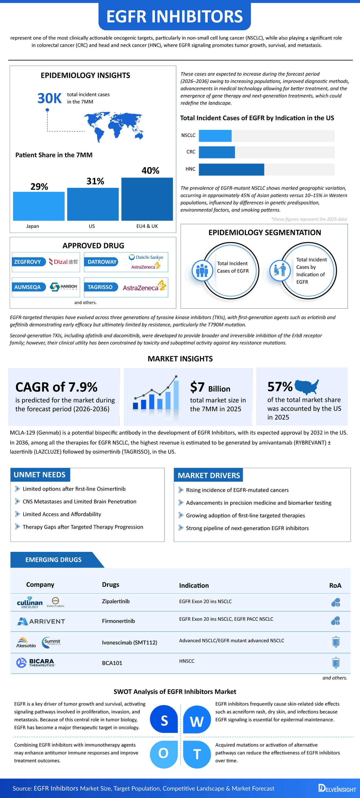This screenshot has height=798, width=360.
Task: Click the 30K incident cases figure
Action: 50,98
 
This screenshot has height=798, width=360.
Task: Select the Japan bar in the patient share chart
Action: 39,206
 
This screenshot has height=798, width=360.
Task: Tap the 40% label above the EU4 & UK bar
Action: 150,170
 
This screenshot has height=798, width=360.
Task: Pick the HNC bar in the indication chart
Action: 232,169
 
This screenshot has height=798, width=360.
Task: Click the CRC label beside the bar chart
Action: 191,152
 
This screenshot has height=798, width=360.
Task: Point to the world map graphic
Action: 114,127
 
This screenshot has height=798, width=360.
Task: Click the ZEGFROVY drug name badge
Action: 28,262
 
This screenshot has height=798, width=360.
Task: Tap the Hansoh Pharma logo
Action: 64,287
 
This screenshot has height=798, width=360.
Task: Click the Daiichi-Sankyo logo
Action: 146,257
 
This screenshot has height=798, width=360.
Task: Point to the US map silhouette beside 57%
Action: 306,387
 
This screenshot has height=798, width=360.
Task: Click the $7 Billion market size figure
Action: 210,387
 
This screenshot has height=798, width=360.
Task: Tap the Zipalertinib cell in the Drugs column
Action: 116,601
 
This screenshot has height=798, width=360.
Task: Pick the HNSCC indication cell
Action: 187,661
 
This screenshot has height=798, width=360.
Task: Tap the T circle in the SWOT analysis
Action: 197,754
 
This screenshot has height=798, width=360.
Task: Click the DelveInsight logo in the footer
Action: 337,788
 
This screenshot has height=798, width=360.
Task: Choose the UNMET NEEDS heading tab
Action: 40,474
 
